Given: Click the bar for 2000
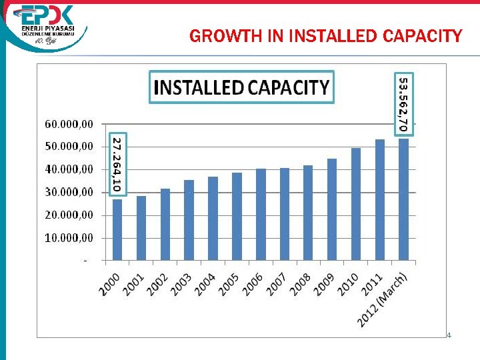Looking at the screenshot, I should [x=117, y=229].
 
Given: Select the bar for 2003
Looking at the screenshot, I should [x=189, y=220].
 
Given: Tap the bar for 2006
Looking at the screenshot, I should [x=261, y=214].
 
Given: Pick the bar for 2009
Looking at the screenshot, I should [x=332, y=209].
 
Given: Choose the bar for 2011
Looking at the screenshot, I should [x=380, y=199].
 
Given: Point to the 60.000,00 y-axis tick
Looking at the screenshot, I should [x=69, y=124].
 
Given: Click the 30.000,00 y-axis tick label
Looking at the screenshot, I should [x=69, y=192].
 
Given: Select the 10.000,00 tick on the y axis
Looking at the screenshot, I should [x=69, y=237].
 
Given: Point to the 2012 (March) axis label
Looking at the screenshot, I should [x=383, y=300].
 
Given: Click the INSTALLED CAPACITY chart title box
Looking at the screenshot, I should [x=241, y=87].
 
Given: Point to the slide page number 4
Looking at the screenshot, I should [x=449, y=335].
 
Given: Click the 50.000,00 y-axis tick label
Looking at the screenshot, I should [x=69, y=147].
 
